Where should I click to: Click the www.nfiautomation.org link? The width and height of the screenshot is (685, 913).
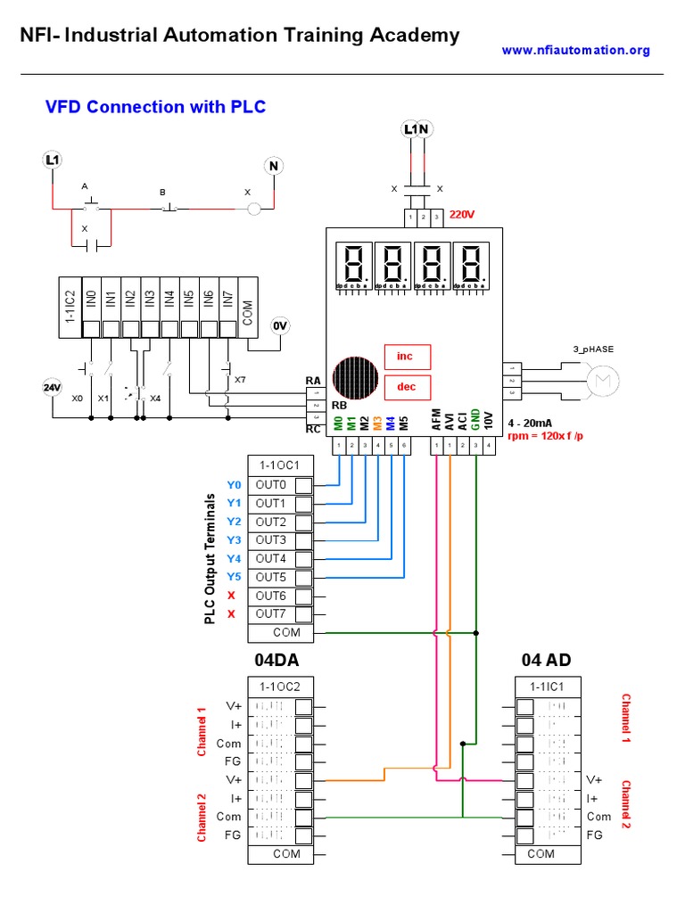tap(575, 51)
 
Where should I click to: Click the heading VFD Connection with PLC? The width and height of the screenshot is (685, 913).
tap(155, 107)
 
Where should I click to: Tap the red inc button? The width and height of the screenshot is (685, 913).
tap(407, 357)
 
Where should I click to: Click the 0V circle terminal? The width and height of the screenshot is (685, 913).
tap(281, 326)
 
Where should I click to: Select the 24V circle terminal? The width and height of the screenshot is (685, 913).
tap(53, 388)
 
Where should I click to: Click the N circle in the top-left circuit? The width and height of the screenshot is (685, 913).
tap(275, 166)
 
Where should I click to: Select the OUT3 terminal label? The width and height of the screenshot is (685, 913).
tap(271, 540)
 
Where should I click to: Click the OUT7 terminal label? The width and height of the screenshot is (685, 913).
tap(271, 613)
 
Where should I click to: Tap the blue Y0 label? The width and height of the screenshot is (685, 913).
tap(234, 485)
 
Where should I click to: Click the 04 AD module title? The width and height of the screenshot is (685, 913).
tap(546, 661)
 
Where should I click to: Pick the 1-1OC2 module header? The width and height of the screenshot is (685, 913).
tap(280, 687)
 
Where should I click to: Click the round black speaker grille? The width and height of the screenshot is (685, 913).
tap(355, 379)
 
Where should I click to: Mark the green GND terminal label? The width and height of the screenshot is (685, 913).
tap(475, 420)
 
